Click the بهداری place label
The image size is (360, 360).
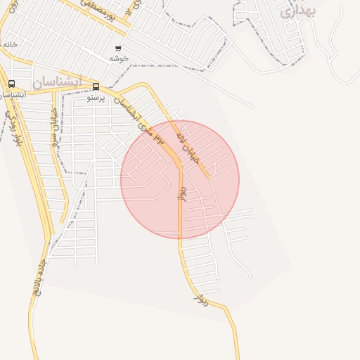tap(298, 11)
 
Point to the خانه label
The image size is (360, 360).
tap(9, 44)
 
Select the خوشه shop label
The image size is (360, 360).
tap(118, 59)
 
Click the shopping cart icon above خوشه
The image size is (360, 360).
tap(118, 49)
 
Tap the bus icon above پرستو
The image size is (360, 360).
tap(96, 87)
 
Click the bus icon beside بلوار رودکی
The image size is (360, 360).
tap(11, 84)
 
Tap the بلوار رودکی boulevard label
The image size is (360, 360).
tap(12, 128)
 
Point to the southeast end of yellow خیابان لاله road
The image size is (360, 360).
tap(209, 176)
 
